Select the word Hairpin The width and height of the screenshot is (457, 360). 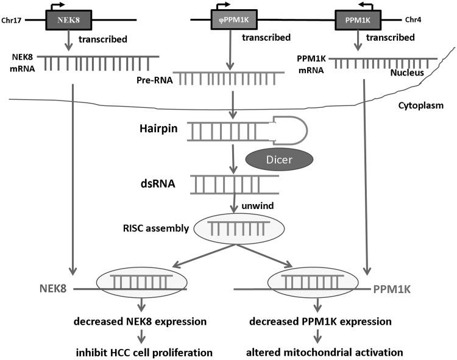pyautogui.click(x=157, y=130)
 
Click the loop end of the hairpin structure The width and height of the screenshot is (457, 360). pyautogui.click(x=292, y=130)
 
